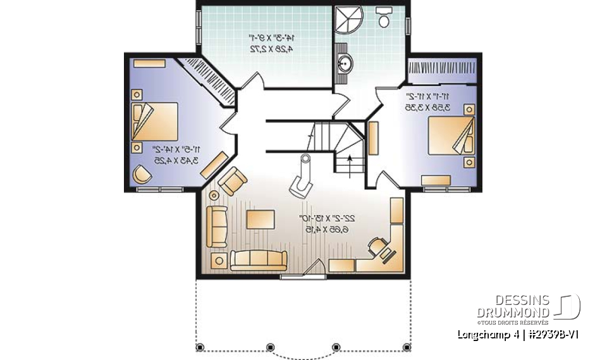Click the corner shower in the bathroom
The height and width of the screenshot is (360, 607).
coord(348,19)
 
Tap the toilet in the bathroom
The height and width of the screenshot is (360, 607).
coord(384,18)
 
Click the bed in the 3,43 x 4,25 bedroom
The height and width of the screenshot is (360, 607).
coord(154,121)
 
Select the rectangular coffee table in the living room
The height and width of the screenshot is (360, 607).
coord(260,220)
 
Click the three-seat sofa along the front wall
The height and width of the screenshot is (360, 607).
coord(259,259)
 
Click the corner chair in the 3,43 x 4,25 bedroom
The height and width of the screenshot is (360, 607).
coord(140,173)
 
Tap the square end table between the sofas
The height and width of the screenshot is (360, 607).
coord(220,259)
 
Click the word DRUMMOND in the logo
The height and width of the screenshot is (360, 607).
coord(513,312)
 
